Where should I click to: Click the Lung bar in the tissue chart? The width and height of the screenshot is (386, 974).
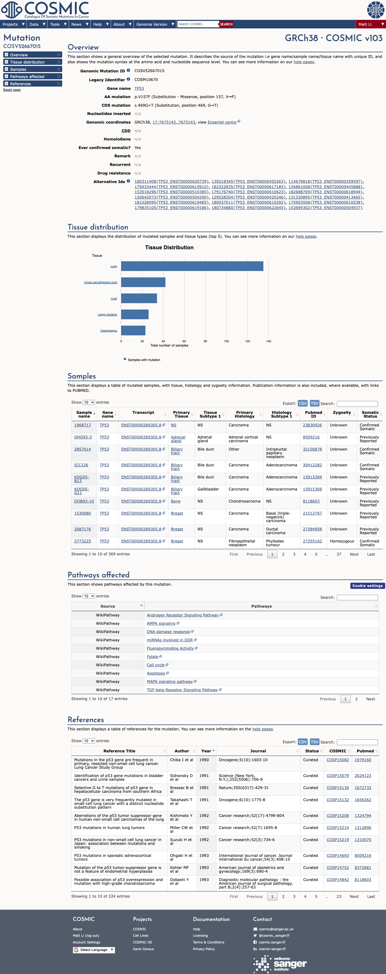(x=192, y=266)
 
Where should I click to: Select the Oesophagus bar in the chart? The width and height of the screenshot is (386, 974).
(x=133, y=330)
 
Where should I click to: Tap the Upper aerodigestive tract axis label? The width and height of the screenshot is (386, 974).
(x=101, y=282)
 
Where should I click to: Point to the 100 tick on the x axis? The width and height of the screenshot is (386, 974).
(x=227, y=341)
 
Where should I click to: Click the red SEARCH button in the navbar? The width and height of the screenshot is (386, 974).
(x=226, y=24)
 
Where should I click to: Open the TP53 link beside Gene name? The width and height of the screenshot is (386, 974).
(x=139, y=88)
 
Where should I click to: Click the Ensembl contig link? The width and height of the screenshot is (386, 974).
(x=222, y=122)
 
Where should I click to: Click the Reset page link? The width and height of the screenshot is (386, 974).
(x=12, y=90)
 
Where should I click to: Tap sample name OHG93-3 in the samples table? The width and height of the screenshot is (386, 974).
(x=83, y=437)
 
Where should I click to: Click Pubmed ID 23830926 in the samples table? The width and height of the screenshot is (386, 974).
(x=312, y=425)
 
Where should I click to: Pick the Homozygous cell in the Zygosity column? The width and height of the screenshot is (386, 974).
(x=342, y=541)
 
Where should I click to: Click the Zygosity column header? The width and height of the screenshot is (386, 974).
(x=342, y=412)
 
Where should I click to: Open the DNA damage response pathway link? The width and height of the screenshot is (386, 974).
(x=168, y=632)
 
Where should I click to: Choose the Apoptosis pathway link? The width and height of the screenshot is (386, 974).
(x=156, y=673)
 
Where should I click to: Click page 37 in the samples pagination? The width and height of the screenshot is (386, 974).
(x=339, y=554)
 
